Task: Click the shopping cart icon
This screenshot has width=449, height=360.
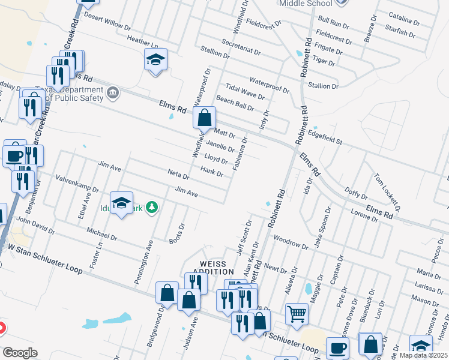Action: pos(297,314)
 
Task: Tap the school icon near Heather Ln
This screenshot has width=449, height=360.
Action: pos(155,59)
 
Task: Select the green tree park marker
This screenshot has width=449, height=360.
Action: pos(152,208)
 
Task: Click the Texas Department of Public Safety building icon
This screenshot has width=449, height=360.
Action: pos(113,93)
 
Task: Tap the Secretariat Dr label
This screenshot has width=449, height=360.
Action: pos(241,47)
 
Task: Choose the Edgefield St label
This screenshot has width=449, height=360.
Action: pos(324,139)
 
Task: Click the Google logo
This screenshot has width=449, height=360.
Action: pos(20,353)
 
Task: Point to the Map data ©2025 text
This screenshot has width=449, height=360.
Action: pos(424,355)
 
